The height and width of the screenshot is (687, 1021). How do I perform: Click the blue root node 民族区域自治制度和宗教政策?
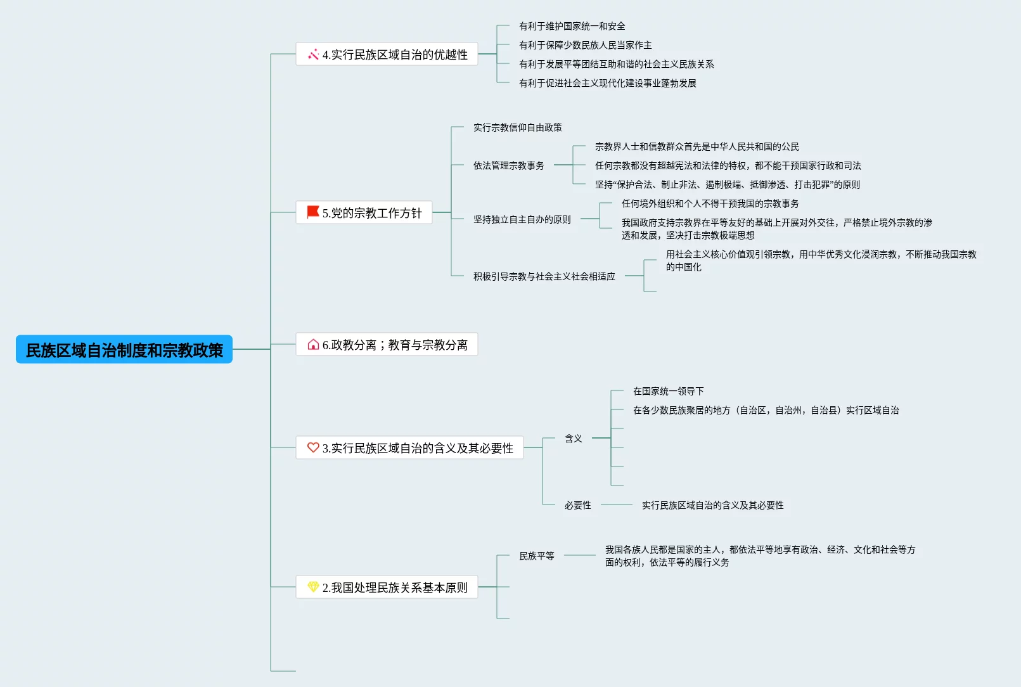[124, 350]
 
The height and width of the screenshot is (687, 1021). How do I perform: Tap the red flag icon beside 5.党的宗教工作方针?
[313, 212]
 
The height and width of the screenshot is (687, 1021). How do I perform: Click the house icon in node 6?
[313, 345]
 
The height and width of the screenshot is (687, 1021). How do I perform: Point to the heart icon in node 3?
[313, 447]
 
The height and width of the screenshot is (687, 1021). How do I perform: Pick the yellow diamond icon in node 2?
[313, 587]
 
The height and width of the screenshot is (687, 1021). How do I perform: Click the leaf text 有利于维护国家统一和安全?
[572, 26]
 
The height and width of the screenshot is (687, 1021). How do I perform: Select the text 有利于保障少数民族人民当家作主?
[585, 45]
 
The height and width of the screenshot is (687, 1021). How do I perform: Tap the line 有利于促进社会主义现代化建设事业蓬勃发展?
[607, 83]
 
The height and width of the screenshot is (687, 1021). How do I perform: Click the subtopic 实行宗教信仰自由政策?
[517, 127]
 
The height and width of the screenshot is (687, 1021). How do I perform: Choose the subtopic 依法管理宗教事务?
[508, 165]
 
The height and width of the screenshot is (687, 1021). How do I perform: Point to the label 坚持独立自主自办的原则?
[522, 219]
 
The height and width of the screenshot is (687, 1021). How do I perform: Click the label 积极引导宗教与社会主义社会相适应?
[544, 276]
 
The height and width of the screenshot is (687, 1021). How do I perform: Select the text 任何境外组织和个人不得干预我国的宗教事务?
[710, 203]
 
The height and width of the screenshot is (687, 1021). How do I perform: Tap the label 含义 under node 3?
[573, 438]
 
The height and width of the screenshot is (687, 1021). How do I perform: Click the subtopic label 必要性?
[577, 505]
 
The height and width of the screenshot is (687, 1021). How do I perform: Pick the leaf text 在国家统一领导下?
[668, 391]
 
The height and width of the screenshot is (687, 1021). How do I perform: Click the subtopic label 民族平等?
[536, 556]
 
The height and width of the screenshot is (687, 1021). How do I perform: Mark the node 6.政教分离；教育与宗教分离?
[394, 345]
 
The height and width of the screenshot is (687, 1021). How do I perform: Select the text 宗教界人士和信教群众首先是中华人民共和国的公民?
[697, 146]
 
